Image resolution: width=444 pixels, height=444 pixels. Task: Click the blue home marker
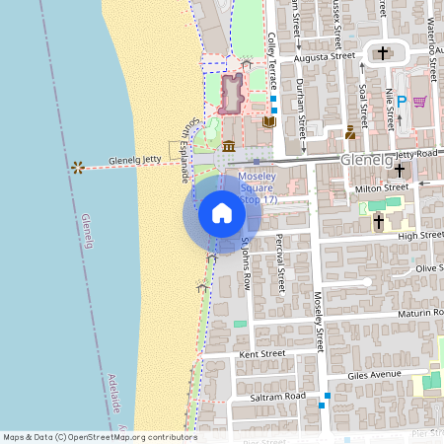click(222, 213)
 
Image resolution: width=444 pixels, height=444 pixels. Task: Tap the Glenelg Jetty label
click(137, 158)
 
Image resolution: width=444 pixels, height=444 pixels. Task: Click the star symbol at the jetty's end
click(77, 167)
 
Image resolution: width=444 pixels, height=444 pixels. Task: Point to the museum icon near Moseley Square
click(229, 147)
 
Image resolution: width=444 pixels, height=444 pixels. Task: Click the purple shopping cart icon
click(419, 101)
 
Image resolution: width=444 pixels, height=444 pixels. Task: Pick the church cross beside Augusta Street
click(384, 52)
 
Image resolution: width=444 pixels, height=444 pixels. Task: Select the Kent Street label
click(262, 353)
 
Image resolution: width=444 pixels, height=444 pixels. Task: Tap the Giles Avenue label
click(375, 375)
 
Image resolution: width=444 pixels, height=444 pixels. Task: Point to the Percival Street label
click(281, 265)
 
